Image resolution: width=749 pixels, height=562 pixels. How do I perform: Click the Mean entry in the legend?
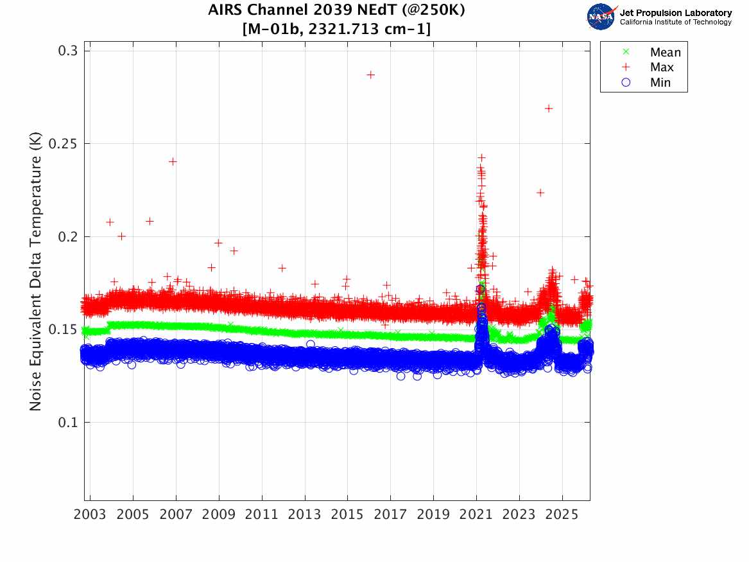pos(664,53)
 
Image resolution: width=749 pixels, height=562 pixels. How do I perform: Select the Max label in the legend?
pos(661,67)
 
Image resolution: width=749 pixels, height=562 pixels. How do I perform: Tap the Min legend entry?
pos(660,82)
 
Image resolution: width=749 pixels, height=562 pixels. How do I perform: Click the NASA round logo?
pos(601,17)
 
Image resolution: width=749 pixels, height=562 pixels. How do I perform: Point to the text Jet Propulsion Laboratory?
pos(676,13)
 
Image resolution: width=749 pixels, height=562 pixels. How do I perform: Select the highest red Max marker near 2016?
pos(370,75)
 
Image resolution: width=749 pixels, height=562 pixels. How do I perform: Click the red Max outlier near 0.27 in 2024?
pos(549,109)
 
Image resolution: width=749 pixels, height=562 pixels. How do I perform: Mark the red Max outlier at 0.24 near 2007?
pos(173,161)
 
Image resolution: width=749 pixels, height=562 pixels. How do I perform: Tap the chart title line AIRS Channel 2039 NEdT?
pos(336,11)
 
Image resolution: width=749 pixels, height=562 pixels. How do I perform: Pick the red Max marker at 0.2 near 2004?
pos(121,236)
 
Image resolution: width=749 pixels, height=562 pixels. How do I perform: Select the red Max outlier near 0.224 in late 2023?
pos(540,193)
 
